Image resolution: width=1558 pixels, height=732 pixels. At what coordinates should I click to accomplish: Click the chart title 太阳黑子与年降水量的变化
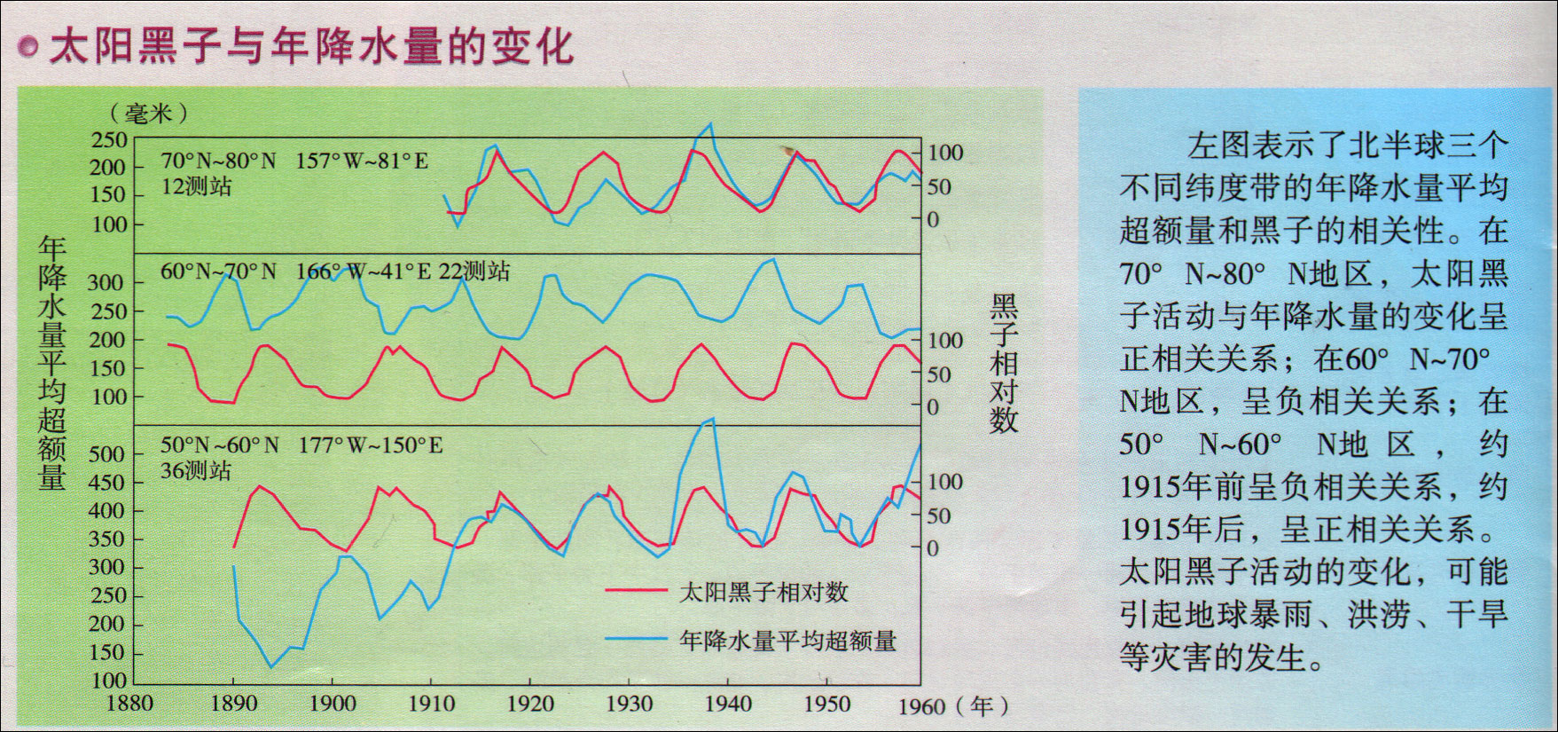point(311,46)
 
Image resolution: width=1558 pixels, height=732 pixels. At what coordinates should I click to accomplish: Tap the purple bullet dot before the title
point(28,47)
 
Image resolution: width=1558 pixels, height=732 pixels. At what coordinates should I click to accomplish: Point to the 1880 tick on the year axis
point(129,704)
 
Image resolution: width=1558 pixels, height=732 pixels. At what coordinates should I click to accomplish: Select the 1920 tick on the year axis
point(529,704)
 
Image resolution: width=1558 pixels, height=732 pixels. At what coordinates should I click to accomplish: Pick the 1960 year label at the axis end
point(921,706)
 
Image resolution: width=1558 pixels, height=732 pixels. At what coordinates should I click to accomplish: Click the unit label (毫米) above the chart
point(148,113)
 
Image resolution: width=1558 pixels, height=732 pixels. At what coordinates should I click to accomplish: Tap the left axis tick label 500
point(107,454)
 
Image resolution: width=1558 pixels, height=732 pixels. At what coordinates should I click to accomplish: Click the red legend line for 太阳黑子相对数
point(636,590)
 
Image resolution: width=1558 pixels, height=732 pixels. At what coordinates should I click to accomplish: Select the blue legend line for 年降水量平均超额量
point(636,639)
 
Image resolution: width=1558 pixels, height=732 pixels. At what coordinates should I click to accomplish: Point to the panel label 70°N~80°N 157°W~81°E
point(294,161)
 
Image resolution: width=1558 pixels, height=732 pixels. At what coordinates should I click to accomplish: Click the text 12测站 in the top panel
point(196,186)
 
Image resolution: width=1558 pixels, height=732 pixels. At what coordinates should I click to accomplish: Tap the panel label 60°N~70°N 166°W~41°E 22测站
point(334,271)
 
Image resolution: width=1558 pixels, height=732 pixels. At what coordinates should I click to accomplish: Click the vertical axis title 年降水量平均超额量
point(52,364)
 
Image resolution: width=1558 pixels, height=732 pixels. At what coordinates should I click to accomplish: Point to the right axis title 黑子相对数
point(1003,364)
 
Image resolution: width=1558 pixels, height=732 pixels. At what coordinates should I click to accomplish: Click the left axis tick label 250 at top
point(109,139)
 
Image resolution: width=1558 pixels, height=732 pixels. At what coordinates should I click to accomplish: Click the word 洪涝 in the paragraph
point(1378,614)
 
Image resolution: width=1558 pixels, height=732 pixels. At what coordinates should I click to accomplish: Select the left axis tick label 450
point(107,483)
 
